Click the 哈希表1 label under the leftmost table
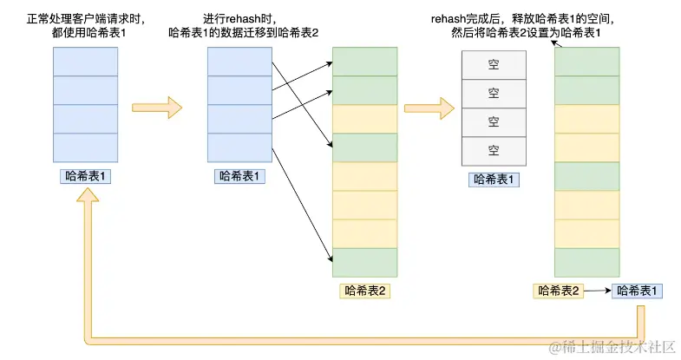click(86, 176)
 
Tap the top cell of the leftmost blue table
click(85, 62)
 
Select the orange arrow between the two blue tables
click(157, 108)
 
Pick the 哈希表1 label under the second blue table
click(240, 176)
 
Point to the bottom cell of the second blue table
click(240, 148)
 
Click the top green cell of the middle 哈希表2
click(365, 62)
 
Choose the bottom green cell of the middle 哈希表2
click(365, 262)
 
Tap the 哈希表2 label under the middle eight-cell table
click(365, 291)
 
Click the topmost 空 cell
click(494, 65)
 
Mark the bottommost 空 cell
click(494, 150)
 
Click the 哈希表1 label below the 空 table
click(494, 180)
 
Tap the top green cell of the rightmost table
click(586, 62)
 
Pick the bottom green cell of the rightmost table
click(586, 262)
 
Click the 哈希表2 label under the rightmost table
click(557, 291)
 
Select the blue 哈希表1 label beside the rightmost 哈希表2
click(638, 291)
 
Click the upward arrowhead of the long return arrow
click(84, 200)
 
